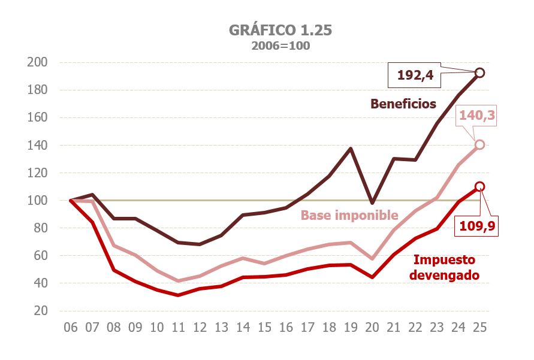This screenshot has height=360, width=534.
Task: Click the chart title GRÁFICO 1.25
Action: click(280, 31)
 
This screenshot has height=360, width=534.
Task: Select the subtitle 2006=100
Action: click(280, 46)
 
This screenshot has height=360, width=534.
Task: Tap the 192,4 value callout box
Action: click(415, 76)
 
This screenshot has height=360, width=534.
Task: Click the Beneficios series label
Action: click(403, 104)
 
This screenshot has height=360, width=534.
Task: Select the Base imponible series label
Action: click(349, 215)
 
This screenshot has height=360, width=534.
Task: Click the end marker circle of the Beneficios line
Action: click(479, 73)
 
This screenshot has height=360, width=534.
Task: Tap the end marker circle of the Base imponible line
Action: click(479, 144)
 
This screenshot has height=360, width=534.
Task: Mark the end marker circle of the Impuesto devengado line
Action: click(479, 186)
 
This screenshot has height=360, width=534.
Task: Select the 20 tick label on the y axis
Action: click(40, 310)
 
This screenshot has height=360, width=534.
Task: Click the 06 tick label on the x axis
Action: click(71, 328)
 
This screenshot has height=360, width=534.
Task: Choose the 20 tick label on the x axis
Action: click(372, 328)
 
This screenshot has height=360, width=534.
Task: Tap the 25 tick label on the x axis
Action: click(479, 328)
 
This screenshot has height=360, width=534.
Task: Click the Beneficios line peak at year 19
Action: click(351, 148)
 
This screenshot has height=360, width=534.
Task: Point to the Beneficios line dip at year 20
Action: click(372, 203)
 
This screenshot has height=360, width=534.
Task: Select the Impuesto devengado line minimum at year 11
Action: click(178, 295)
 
